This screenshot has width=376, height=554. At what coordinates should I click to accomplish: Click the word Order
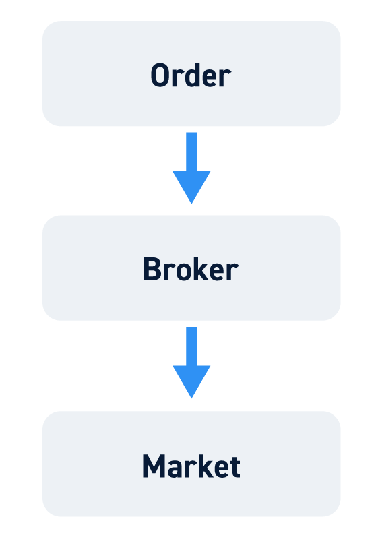point(191,75)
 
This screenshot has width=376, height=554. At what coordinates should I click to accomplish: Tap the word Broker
point(191,269)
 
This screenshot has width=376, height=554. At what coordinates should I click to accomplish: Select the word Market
point(191,466)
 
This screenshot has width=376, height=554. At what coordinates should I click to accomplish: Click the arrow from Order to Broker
point(191,168)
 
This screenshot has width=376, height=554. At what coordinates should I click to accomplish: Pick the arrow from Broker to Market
point(191,363)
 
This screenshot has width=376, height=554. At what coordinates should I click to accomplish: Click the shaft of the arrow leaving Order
point(191,152)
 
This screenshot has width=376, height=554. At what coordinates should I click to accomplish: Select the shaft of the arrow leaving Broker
point(191,346)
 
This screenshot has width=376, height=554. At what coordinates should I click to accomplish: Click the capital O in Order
point(160,75)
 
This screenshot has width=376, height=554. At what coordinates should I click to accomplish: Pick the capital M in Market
point(154,466)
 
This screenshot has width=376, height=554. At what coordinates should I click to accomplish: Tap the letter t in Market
point(234,467)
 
